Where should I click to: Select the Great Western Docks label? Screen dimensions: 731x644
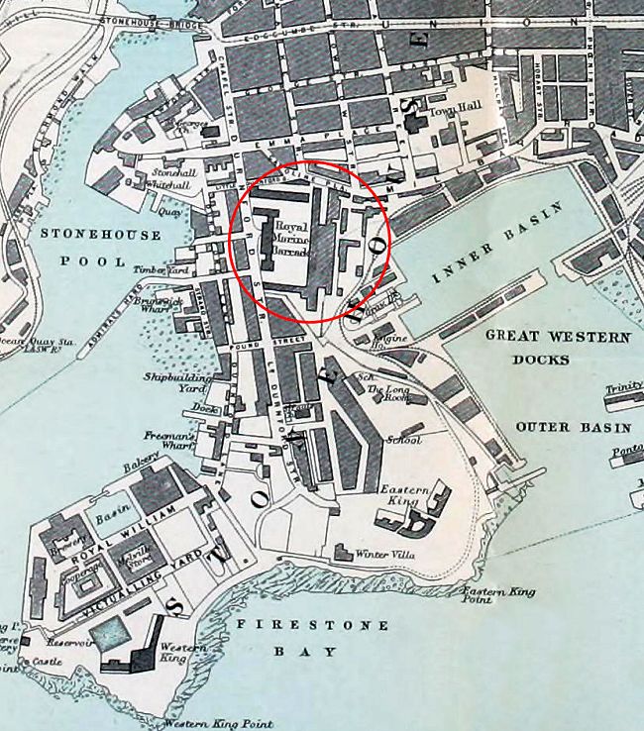(557, 347)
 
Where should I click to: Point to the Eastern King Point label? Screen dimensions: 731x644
(497, 595)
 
